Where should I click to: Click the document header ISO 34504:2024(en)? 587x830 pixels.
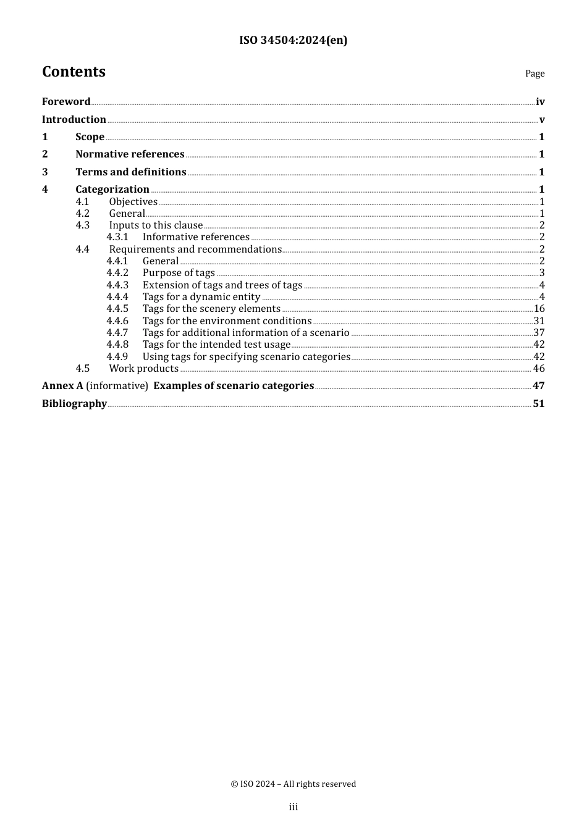tap(293, 40)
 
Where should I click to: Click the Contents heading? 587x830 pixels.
tap(74, 72)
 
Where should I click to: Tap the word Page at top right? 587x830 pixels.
tap(534, 73)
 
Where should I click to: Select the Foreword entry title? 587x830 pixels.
tap(66, 102)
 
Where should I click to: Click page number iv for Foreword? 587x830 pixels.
tap(540, 102)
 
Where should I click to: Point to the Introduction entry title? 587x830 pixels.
tap(74, 120)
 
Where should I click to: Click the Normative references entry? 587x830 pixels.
tap(130, 154)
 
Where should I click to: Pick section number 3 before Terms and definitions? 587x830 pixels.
tap(44, 172)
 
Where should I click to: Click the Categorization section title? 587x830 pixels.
tap(112, 190)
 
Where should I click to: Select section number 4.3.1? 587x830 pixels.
tap(117, 237)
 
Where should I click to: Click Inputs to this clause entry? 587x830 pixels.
tap(156, 225)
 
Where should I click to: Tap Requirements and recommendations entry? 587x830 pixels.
tap(195, 249)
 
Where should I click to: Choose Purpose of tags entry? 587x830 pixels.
tap(179, 273)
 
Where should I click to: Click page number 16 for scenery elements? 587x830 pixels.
tap(539, 309)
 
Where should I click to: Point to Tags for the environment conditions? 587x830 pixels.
tap(227, 321)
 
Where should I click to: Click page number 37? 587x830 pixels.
tap(539, 333)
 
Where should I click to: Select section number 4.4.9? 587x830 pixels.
tap(117, 357)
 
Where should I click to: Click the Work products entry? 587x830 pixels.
tap(143, 369)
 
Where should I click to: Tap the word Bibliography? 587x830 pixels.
tap(74, 404)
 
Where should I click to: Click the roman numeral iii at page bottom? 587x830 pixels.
tap(293, 807)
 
